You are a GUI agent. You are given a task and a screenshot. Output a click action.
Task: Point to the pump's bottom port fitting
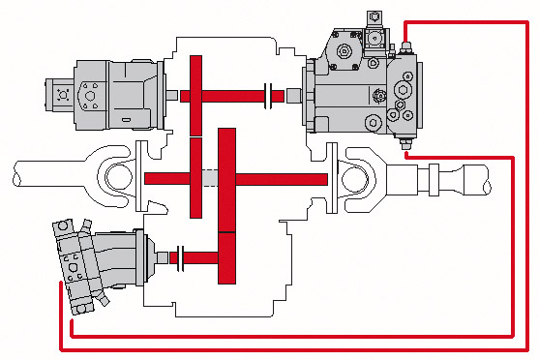(405, 148)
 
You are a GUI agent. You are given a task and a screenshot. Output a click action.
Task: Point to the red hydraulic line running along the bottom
(290, 349)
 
